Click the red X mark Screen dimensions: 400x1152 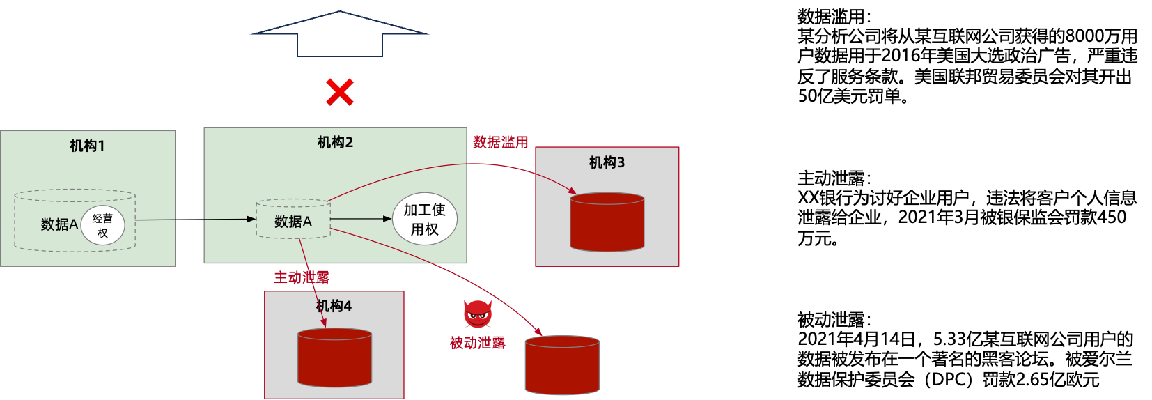click(x=340, y=92)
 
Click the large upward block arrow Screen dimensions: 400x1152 click(x=339, y=35)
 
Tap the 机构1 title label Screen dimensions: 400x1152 click(x=87, y=146)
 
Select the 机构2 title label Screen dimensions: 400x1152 click(x=335, y=142)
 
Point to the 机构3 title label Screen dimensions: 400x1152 click(x=607, y=162)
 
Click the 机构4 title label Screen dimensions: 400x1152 click(x=334, y=306)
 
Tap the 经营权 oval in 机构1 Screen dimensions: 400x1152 click(x=102, y=226)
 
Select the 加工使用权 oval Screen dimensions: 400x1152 click(x=424, y=219)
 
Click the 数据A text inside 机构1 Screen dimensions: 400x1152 click(x=59, y=224)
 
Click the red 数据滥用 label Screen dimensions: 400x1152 click(x=500, y=142)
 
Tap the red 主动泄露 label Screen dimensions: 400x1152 click(x=301, y=277)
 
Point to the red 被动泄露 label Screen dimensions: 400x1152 click(x=477, y=343)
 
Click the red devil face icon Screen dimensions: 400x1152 click(x=478, y=314)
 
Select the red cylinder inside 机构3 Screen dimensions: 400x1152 click(x=607, y=222)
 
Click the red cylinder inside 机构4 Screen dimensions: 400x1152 click(x=334, y=357)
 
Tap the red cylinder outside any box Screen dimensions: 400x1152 click(x=562, y=365)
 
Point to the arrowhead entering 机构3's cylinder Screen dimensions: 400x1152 click(x=573, y=190)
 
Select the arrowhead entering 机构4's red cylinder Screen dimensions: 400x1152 click(x=324, y=323)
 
